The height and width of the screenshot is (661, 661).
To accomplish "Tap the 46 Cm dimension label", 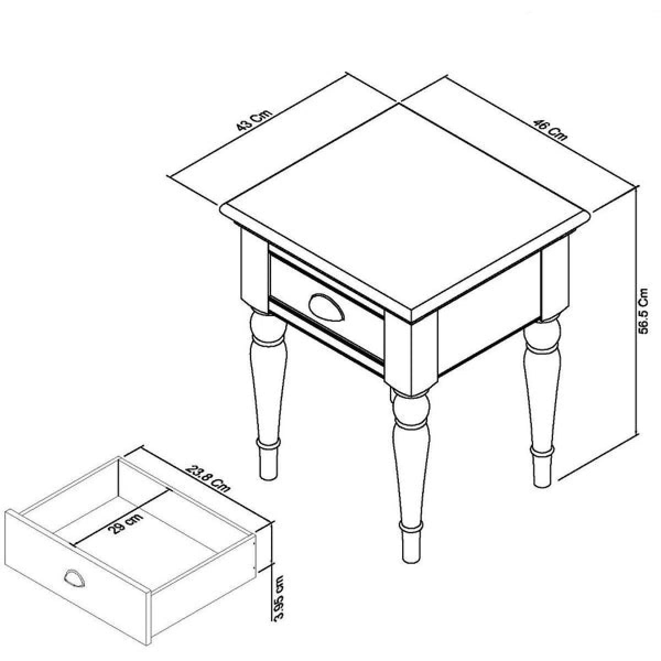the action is (550, 129).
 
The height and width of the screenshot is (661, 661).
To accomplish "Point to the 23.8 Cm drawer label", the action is (207, 479).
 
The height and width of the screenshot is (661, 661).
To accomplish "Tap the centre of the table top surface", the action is (405, 206).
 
